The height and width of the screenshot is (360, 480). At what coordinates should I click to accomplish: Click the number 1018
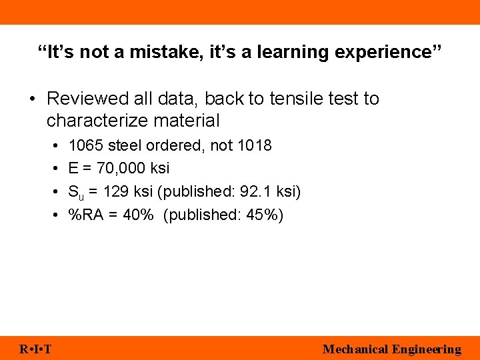[255, 145]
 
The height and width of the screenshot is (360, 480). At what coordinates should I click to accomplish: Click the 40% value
[139, 215]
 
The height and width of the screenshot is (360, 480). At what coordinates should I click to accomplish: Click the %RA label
[85, 215]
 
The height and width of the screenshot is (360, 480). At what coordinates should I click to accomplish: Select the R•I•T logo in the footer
[36, 349]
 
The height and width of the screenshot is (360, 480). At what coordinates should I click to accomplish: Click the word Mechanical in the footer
[355, 349]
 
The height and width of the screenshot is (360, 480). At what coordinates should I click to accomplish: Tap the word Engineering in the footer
[427, 349]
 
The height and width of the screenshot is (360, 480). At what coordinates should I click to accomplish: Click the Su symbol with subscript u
[75, 193]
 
